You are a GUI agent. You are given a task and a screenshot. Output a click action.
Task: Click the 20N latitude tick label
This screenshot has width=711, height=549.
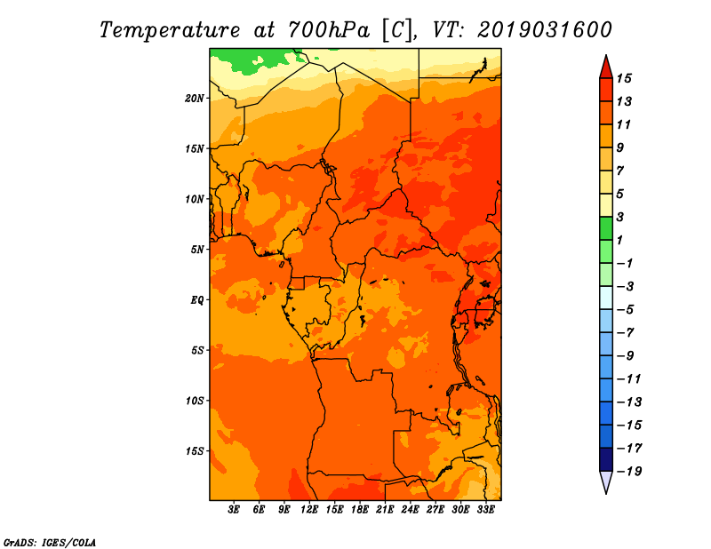click(195, 99)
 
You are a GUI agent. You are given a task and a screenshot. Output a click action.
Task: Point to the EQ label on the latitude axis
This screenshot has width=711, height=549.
click(197, 300)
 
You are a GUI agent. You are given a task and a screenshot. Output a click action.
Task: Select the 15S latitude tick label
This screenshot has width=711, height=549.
click(195, 451)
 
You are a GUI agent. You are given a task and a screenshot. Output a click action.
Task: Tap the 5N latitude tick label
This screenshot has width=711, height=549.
click(197, 250)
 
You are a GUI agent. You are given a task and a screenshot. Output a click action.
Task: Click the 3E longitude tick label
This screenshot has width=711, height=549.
click(233, 509)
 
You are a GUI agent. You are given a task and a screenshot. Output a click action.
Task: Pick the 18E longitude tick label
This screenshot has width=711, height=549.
click(360, 509)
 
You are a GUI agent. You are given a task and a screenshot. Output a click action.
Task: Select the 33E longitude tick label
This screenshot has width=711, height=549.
click(485, 509)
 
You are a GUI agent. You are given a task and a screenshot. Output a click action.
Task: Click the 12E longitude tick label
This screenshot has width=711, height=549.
click(308, 509)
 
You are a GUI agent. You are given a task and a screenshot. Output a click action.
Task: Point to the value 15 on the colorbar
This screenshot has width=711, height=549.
click(624, 78)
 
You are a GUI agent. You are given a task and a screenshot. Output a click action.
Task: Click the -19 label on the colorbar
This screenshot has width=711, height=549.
click(629, 472)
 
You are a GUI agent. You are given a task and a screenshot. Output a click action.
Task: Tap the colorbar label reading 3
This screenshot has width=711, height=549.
click(620, 217)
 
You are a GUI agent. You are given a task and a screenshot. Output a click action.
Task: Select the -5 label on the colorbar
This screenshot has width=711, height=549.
click(626, 310)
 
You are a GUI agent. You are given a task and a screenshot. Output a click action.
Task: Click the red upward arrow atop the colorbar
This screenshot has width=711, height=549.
click(606, 68)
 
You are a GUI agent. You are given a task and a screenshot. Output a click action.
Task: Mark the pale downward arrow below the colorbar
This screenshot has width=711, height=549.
click(606, 481)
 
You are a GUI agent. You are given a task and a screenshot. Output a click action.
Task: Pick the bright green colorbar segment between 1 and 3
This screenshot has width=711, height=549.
click(606, 228)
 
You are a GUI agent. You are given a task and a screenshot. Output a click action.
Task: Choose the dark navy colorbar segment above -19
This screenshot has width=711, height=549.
click(606, 459)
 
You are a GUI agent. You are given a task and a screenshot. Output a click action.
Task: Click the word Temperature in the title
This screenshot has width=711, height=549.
click(170, 30)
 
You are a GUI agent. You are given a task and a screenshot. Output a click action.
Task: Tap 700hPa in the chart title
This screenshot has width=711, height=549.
click(329, 30)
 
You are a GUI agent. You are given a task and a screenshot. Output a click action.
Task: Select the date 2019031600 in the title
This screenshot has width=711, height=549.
click(545, 30)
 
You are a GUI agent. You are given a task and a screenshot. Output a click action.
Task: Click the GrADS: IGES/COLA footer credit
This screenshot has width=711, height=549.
click(50, 543)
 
